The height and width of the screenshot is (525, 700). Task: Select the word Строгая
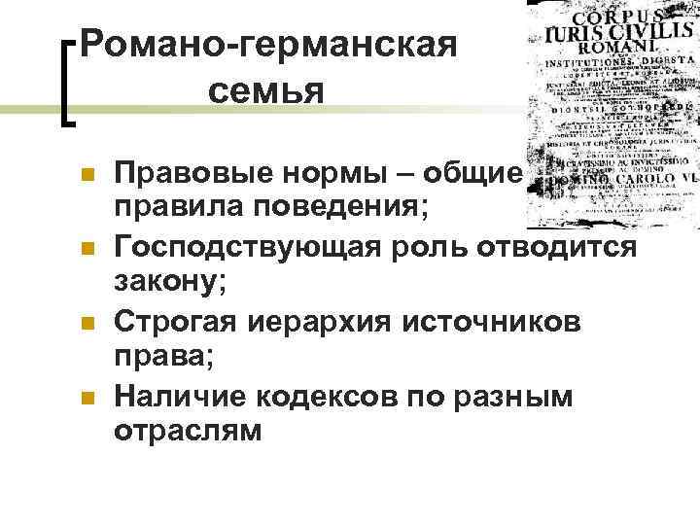click(170, 320)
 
